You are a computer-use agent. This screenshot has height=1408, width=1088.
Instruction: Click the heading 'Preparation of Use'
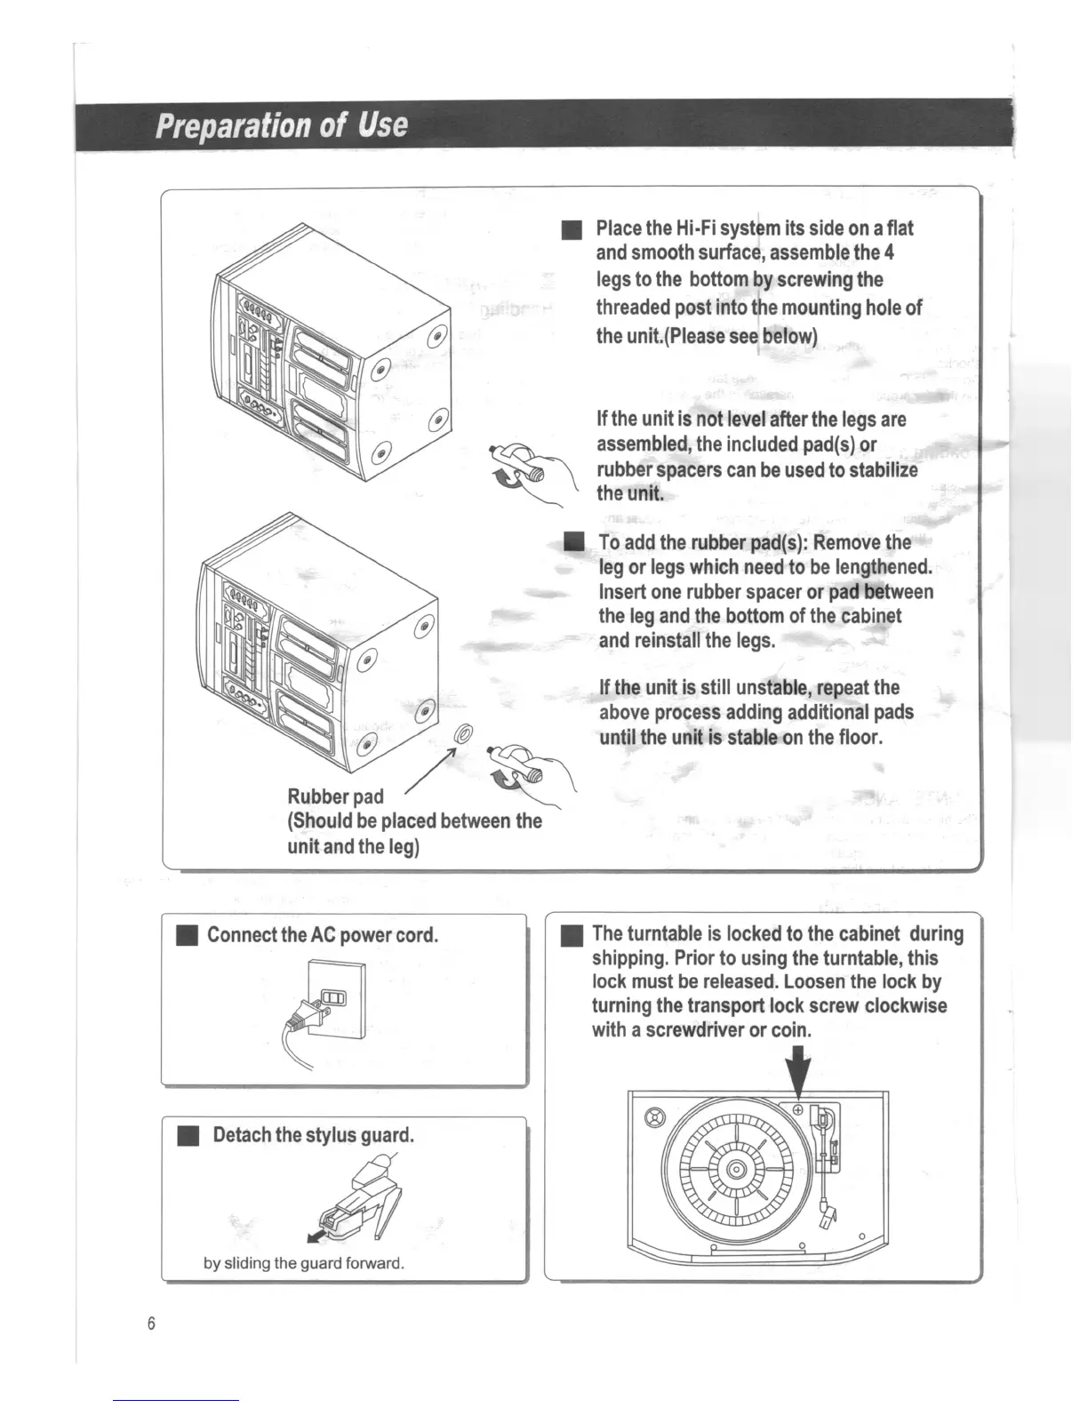point(281,125)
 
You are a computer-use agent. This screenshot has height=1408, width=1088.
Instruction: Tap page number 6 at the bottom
point(151,1324)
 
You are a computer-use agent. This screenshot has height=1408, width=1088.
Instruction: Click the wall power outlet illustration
point(334,999)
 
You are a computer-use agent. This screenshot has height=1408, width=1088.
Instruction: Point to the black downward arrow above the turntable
point(800,1073)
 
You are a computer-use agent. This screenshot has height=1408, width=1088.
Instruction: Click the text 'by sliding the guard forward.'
point(304,1262)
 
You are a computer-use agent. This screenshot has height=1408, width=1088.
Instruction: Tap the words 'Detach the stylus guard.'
point(313,1135)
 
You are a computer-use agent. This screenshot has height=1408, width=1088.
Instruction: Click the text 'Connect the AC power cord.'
point(322,935)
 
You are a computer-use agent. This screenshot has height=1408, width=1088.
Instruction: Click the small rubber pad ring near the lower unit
point(461,734)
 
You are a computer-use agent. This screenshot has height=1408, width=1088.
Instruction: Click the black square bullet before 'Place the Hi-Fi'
point(571,231)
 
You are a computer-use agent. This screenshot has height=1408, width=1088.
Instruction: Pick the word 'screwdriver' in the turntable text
point(694,1031)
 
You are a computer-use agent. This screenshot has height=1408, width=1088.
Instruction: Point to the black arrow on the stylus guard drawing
point(312,1237)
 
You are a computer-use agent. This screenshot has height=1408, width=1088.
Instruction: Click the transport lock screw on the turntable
point(797,1110)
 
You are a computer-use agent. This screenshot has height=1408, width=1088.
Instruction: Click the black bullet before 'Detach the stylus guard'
point(186,1136)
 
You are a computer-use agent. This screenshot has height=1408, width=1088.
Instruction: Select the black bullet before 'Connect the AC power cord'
point(186,936)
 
